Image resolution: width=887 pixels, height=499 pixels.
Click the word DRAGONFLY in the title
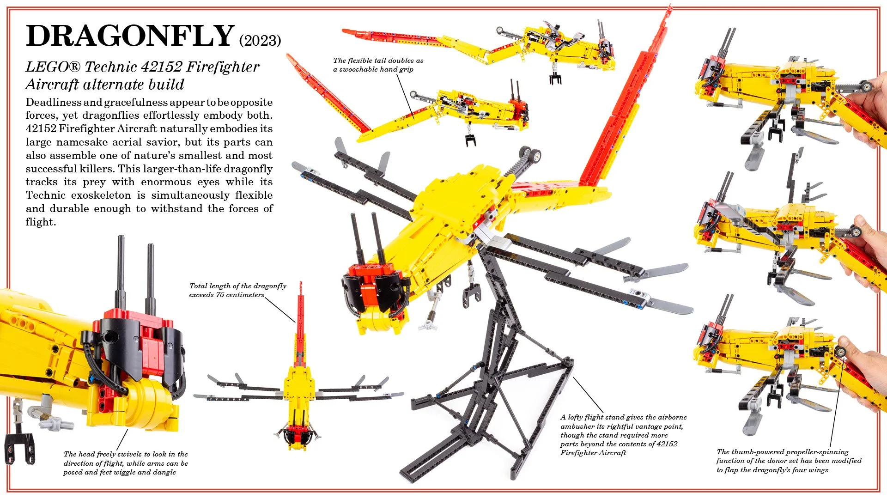point(130,36)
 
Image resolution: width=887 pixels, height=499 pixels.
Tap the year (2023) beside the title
point(260,41)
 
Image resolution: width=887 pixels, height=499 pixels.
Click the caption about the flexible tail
point(378,65)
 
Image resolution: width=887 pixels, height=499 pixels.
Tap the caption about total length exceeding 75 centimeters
point(237,290)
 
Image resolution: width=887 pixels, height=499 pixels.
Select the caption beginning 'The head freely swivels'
point(126,463)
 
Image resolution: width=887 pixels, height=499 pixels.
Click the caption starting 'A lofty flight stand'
point(623,435)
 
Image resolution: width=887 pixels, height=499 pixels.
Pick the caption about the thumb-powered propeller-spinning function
point(789,461)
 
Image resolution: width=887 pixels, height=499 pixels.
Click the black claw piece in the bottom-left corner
point(20,447)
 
